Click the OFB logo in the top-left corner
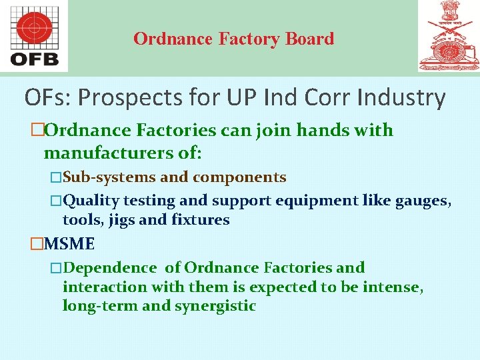coord(34,36)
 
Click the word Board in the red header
coord(309,39)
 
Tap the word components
coord(240,177)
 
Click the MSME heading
coord(69,244)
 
